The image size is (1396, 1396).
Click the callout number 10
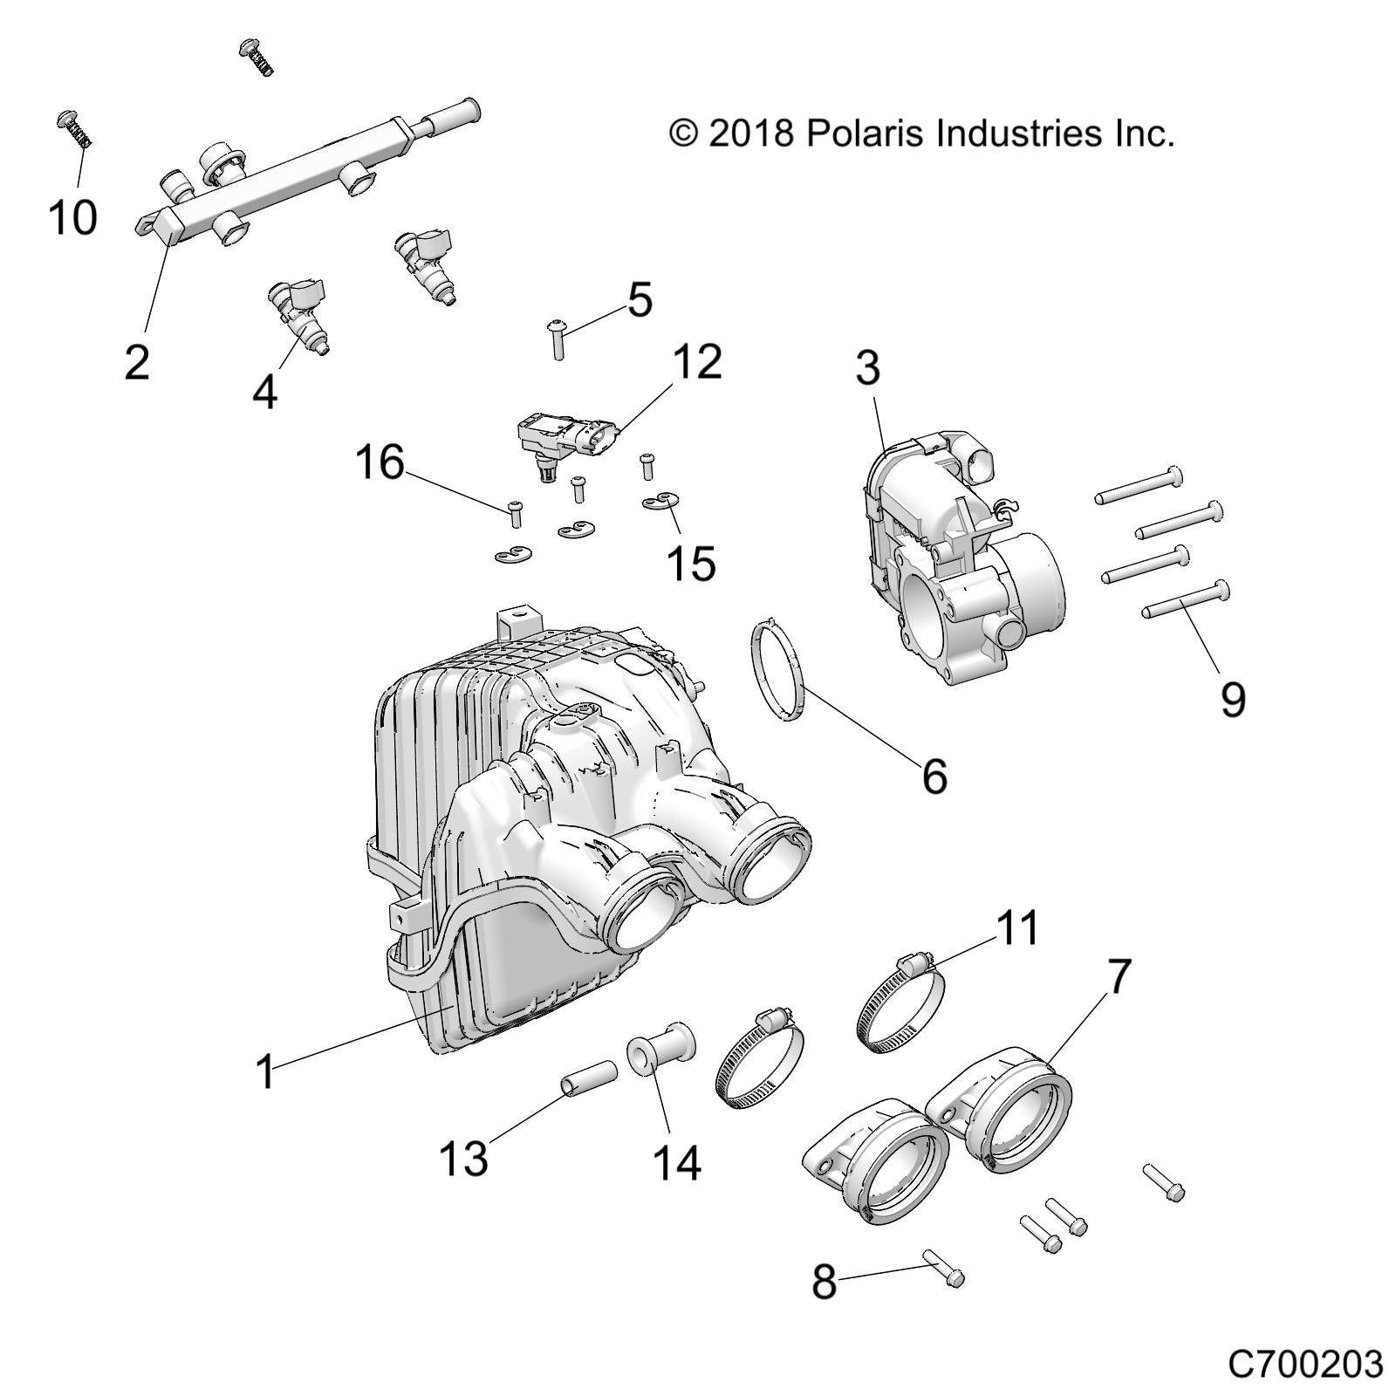[72, 217]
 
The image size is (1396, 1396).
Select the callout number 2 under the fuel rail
[137, 362]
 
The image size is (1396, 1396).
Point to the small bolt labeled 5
[557, 339]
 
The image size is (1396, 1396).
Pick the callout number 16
[380, 462]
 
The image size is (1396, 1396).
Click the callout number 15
[690, 563]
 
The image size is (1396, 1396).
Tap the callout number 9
[1232, 699]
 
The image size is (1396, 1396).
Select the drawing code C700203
[1305, 1364]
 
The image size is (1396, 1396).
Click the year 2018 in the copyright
[750, 133]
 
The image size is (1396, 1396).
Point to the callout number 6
[934, 776]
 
